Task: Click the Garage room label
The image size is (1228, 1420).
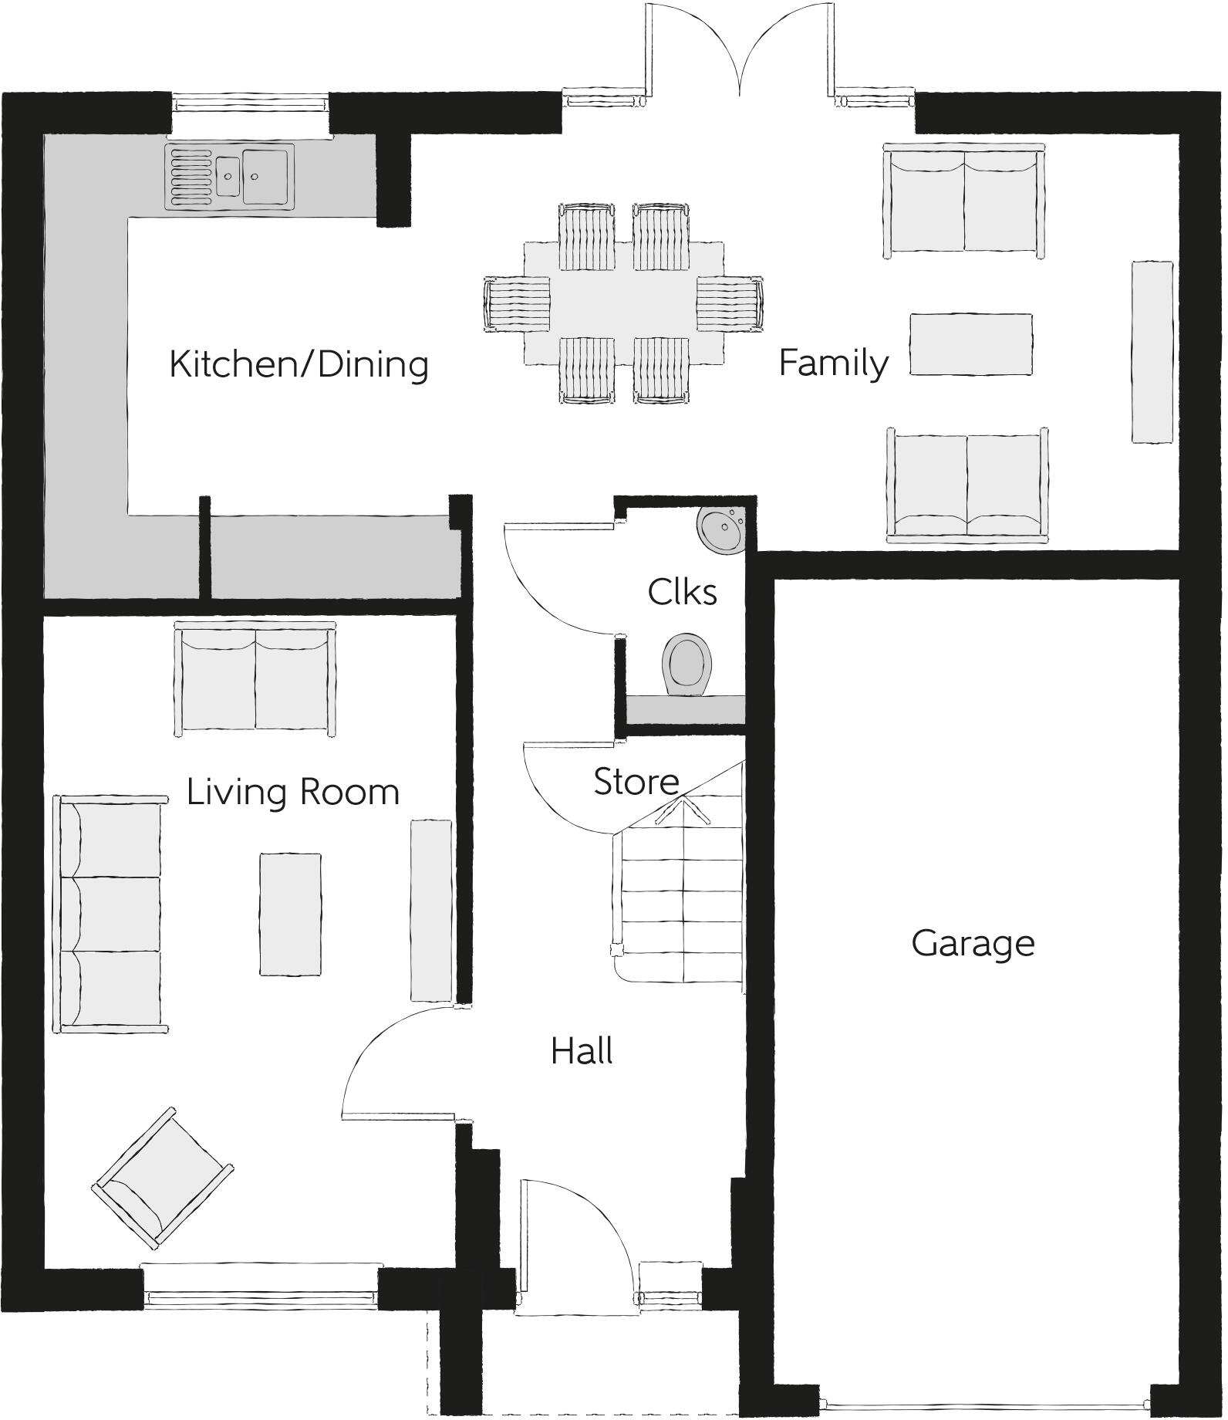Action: point(972,943)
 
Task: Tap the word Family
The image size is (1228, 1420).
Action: point(833,363)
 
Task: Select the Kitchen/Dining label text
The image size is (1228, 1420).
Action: point(299,364)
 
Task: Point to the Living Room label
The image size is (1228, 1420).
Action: point(292,792)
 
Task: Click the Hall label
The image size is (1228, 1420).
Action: point(582,1051)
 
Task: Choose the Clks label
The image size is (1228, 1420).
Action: point(682,593)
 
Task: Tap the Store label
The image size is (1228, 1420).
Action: point(636,782)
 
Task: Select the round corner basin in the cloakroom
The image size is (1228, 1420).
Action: point(721,530)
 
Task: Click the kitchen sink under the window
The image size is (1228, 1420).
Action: point(230,177)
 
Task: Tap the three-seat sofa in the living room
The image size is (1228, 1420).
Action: point(110,915)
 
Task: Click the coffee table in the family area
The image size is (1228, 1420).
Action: point(970,344)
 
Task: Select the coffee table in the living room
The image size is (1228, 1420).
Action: point(290,915)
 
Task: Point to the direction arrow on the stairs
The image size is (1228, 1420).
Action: point(683,810)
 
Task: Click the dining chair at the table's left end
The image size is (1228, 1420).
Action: point(517,304)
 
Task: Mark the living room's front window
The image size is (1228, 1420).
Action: point(261,1291)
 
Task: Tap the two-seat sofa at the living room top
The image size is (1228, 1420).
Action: point(255,680)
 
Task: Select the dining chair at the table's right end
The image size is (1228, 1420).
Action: point(729,304)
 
